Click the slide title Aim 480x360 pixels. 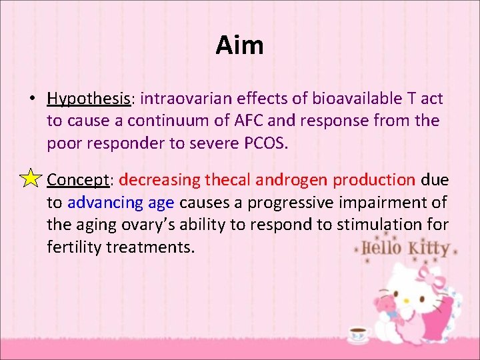click(x=240, y=46)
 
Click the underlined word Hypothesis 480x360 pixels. click(x=88, y=99)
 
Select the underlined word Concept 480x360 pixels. click(x=78, y=180)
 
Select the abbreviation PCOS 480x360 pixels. click(x=262, y=144)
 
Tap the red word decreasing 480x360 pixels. click(x=160, y=180)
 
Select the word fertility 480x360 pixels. click(x=74, y=248)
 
